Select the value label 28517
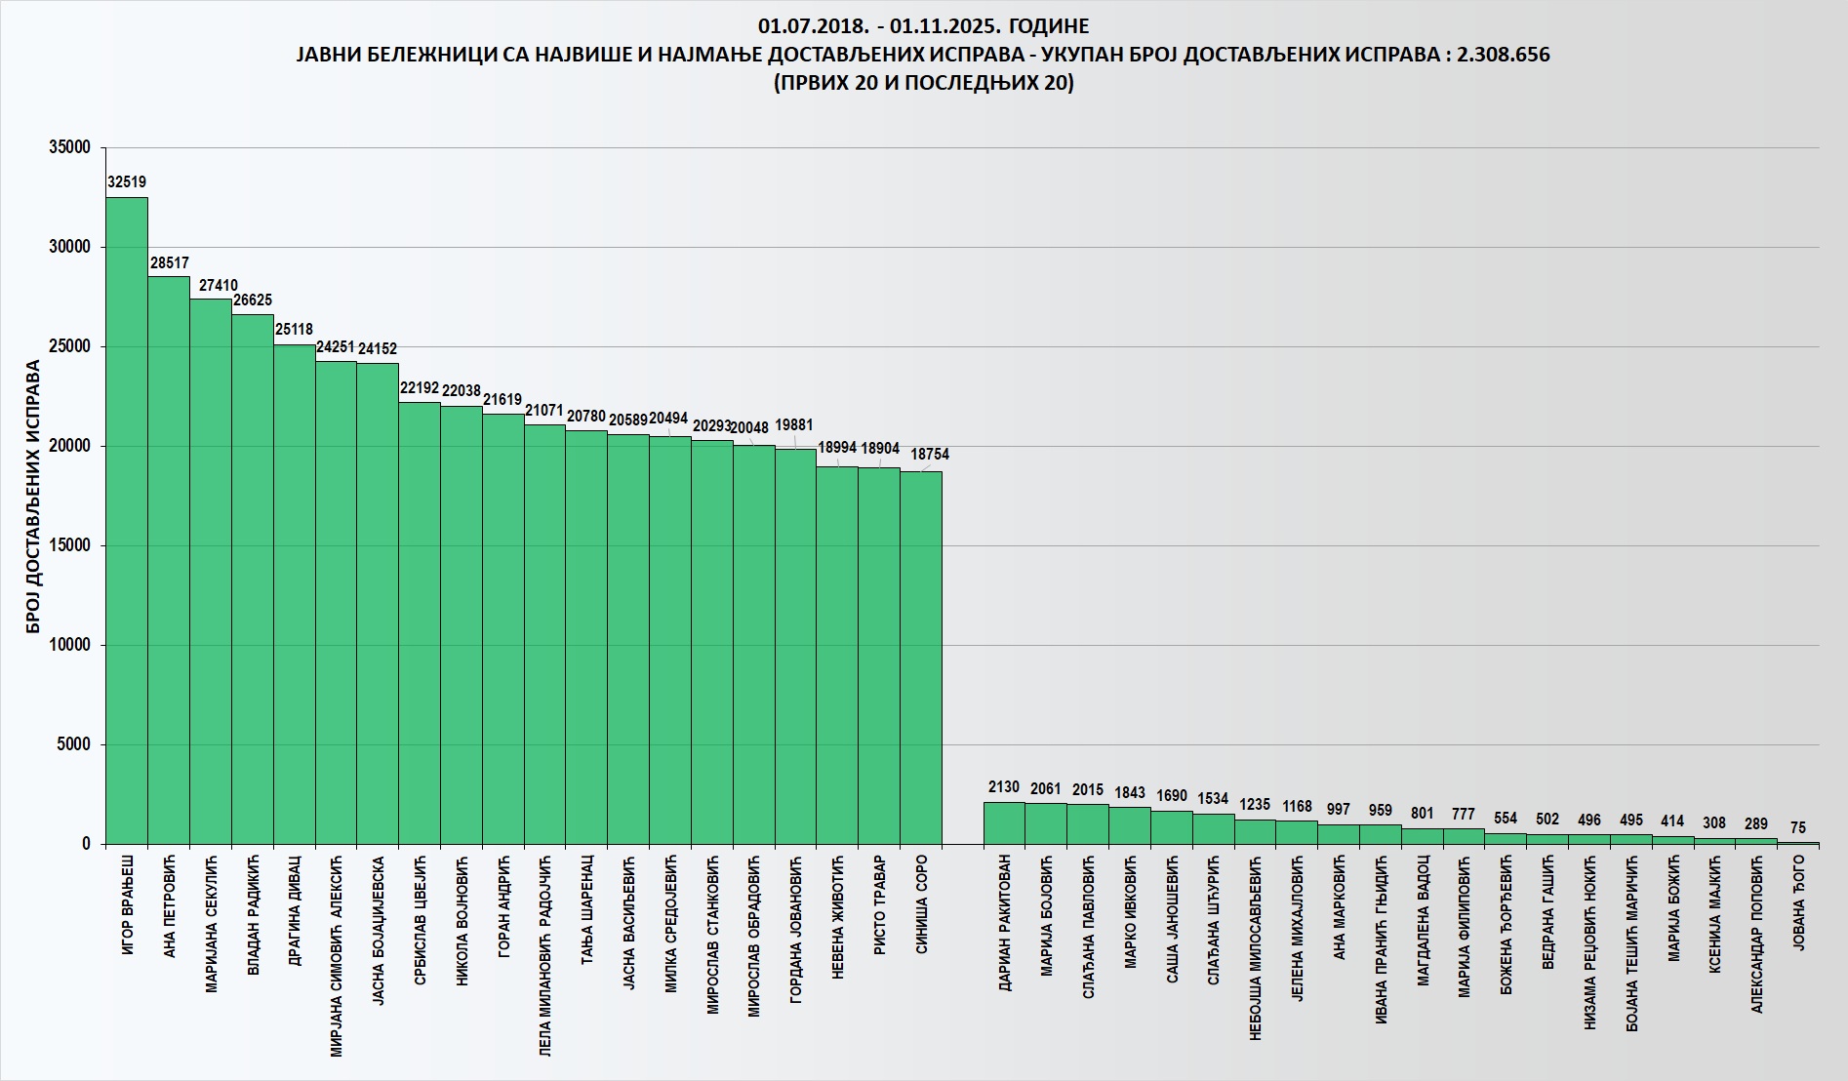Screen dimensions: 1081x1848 tap(169, 263)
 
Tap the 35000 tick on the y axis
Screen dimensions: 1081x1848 tap(69, 147)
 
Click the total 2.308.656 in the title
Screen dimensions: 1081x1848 tap(1503, 55)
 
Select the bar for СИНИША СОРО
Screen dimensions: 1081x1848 tap(921, 658)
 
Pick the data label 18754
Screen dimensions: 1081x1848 tap(929, 455)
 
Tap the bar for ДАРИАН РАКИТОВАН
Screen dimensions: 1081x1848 tap(1004, 823)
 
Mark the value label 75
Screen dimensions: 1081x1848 tap(1798, 828)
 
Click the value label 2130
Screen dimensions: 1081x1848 tap(1004, 787)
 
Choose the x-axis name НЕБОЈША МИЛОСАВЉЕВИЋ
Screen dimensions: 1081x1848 tap(1256, 946)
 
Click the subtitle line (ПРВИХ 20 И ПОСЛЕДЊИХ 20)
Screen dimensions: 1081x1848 tap(923, 84)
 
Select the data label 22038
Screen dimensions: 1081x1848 tap(462, 391)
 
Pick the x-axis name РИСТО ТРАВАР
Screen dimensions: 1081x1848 tap(880, 905)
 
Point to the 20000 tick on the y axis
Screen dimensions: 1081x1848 tap(69, 446)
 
